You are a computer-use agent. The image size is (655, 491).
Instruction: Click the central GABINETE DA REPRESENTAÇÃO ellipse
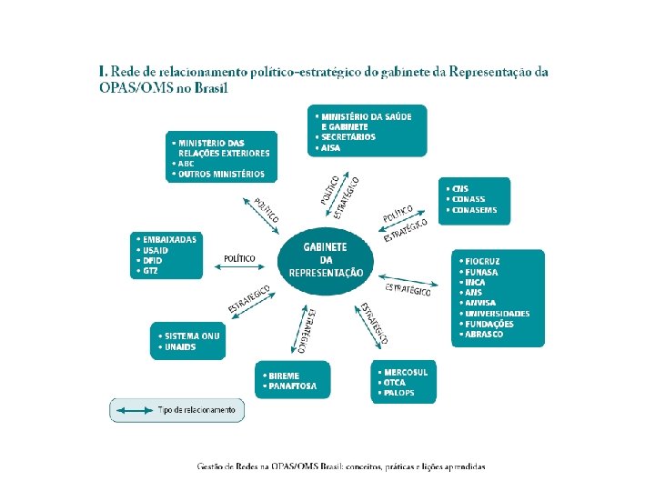(326, 260)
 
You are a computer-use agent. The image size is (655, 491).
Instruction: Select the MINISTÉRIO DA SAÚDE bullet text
(362, 116)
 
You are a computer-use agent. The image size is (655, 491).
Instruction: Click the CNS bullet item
(459, 188)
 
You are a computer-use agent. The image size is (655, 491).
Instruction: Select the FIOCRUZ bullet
(480, 261)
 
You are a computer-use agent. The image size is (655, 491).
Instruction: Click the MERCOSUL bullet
(406, 372)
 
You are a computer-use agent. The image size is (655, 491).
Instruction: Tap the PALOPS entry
(400, 393)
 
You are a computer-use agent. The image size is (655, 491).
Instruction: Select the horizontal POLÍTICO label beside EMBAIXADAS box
(239, 259)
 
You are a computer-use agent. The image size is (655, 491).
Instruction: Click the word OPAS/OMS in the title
(132, 88)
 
